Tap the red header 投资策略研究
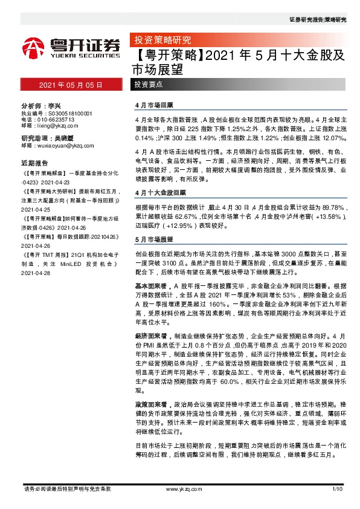tap(161, 41)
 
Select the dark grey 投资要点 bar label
tap(149, 85)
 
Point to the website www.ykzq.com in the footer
tap(180, 488)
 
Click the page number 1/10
tap(337, 488)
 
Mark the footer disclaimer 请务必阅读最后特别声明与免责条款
tap(66, 488)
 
